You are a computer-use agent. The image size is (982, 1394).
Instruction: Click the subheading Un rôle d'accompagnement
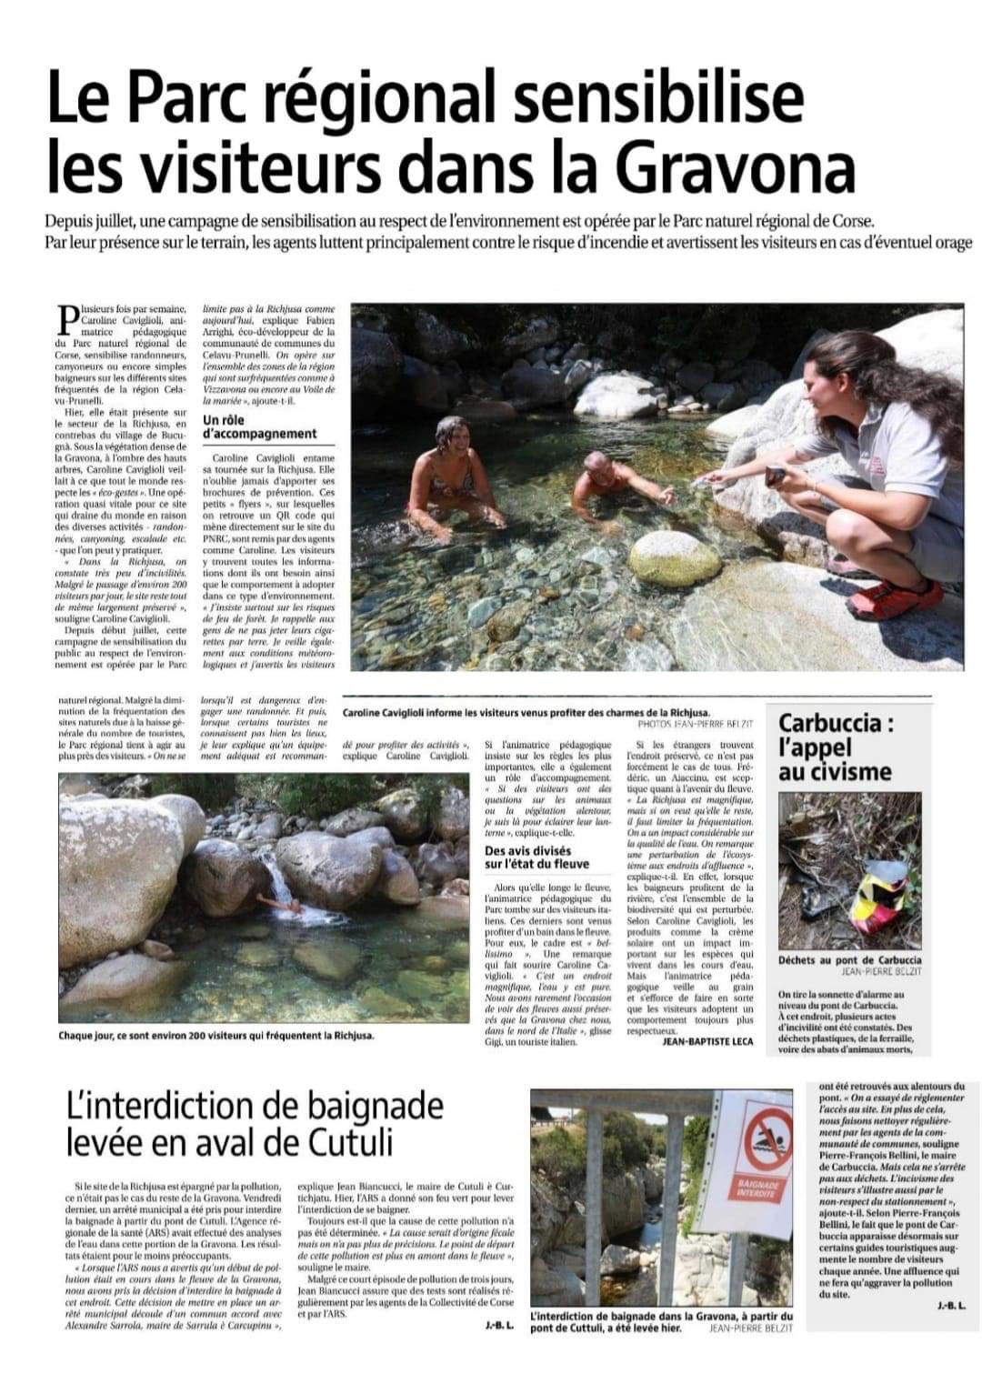coord(259,427)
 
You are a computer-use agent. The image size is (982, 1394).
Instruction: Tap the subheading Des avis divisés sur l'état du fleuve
coord(536,857)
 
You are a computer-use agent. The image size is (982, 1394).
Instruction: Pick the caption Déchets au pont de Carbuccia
coord(849,960)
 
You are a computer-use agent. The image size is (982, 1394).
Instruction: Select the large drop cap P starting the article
coord(67,320)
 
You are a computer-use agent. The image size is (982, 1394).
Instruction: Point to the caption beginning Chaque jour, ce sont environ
coord(215,1035)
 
